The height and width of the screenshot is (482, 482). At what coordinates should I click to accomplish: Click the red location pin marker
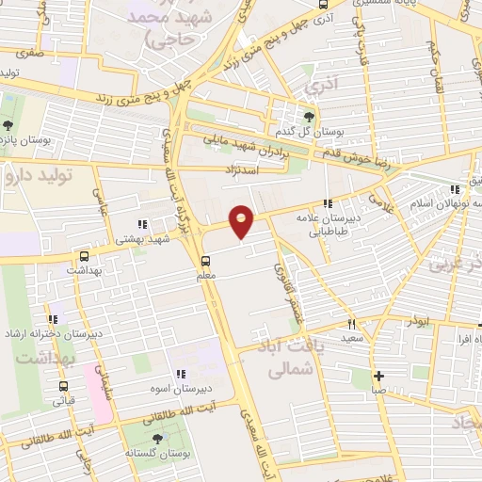click(x=242, y=221)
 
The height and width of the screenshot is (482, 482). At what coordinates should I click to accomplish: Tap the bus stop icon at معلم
click(x=205, y=261)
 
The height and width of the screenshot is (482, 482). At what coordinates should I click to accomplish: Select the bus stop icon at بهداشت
click(x=86, y=255)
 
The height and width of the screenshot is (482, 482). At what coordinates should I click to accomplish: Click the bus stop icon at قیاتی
click(x=63, y=386)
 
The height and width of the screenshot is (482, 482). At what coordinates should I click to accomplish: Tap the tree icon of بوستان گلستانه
click(x=156, y=438)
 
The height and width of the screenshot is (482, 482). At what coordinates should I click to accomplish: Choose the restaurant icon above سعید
click(x=351, y=325)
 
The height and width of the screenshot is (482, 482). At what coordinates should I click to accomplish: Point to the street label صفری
click(x=29, y=54)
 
